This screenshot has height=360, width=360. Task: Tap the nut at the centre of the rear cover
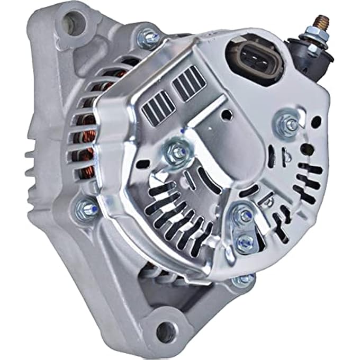[x=177, y=153]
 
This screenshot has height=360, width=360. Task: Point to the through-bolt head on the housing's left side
[x=86, y=208]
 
